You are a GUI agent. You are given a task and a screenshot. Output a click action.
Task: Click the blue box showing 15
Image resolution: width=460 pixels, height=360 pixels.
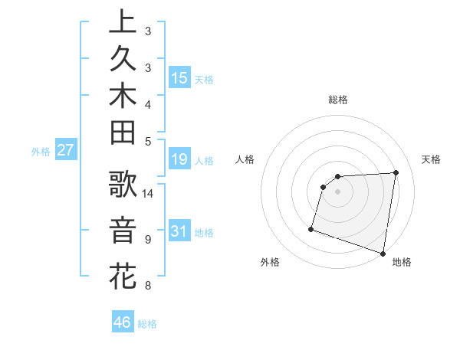pos(179,78)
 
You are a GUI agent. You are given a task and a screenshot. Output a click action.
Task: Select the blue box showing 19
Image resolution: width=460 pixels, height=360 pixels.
pos(179,160)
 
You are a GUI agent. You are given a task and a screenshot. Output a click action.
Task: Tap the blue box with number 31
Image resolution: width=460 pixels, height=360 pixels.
pos(179,231)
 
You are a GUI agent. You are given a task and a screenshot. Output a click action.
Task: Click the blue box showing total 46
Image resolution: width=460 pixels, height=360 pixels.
pos(123,322)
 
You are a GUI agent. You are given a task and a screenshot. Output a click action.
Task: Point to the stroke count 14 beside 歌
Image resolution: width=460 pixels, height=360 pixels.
pos(148,193)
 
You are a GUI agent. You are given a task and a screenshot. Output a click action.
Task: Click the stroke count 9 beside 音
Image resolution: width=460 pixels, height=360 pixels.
pos(148,239)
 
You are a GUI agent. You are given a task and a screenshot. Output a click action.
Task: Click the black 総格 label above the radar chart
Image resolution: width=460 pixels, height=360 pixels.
pos(337,100)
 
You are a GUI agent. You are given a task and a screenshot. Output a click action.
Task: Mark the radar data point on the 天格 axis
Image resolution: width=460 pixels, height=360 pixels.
pos(396,172)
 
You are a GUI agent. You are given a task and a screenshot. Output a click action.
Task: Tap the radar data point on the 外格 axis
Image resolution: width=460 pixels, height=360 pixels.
pos(311,228)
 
